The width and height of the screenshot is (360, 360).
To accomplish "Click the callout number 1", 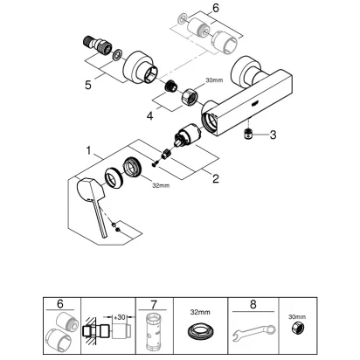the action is click(89, 150).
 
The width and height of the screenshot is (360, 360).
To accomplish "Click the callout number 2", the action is click(215, 178).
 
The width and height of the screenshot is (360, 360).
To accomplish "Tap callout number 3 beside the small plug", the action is click(273, 135).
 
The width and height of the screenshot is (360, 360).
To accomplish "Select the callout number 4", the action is click(149, 116).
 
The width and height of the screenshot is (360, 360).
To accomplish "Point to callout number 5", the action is click(88, 85).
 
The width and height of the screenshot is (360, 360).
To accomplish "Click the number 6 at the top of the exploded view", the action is click(215, 8).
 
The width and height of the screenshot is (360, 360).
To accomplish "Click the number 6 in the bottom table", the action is click(60, 304).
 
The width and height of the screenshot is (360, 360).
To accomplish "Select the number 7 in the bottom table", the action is click(154, 305).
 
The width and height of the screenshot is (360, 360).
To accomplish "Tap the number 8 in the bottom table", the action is click(253, 305).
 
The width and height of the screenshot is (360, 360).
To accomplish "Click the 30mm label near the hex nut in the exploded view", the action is click(214, 80).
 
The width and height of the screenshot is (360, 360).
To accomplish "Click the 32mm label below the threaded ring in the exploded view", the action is click(161, 185).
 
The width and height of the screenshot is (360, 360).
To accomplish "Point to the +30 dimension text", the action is click(119, 317).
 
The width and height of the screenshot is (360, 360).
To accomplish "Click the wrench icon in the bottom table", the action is click(254, 333).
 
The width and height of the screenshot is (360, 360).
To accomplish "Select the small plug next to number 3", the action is click(247, 135).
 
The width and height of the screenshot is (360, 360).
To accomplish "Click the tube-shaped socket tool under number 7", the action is click(154, 332).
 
